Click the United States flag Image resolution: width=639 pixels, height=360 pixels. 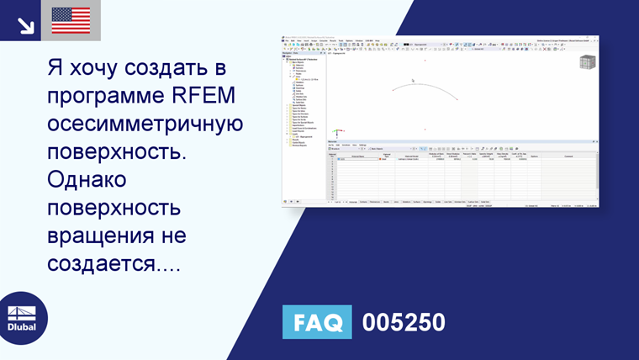coord(71,20)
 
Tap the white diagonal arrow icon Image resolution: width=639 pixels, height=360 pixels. coord(25,24)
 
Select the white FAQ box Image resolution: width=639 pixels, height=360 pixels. coord(317,323)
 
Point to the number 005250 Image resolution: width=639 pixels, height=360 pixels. coord(404,323)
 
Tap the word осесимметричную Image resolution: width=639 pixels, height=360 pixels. coord(145,124)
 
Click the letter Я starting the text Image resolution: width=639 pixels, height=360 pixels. coord(54,67)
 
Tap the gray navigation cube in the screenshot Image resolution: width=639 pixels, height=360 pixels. coord(587,62)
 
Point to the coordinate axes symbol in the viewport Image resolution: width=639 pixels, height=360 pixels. coord(335,132)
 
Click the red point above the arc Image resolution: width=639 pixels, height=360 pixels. coord(425,60)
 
